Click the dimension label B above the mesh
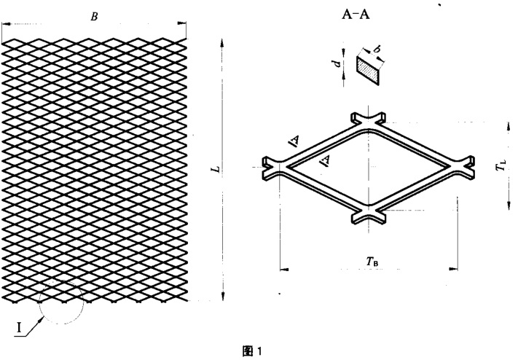pyautogui.click(x=95, y=17)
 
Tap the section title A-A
pyautogui.click(x=356, y=15)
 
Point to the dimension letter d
pyautogui.click(x=337, y=63)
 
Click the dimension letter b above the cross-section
pyautogui.click(x=376, y=50)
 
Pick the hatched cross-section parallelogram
pyautogui.click(x=368, y=70)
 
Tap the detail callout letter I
pyautogui.click(x=20, y=328)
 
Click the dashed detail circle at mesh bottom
pyautogui.click(x=61, y=302)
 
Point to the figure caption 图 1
pyautogui.click(x=252, y=351)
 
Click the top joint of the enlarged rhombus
pyautogui.click(x=368, y=120)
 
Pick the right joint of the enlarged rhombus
pyautogui.click(x=464, y=167)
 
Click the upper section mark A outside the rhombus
pyautogui.click(x=294, y=141)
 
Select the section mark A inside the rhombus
pyautogui.click(x=326, y=161)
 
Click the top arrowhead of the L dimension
pyautogui.click(x=222, y=43)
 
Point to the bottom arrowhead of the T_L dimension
pyautogui.click(x=509, y=205)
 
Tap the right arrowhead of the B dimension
pyautogui.click(x=182, y=23)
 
